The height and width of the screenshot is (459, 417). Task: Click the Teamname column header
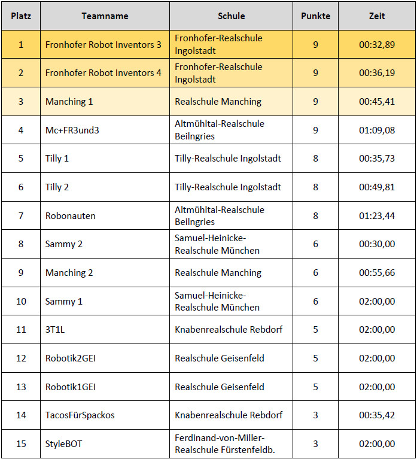pyautogui.click(x=105, y=16)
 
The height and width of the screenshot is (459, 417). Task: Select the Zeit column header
pyautogui.click(x=377, y=16)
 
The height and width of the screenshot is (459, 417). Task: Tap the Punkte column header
pyautogui.click(x=315, y=16)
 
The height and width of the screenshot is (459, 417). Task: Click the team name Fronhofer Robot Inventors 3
pyautogui.click(x=104, y=45)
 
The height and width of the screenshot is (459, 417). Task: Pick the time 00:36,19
pyautogui.click(x=377, y=73)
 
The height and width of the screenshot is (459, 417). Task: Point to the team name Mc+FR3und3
pyautogui.click(x=72, y=130)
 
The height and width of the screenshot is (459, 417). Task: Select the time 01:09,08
pyautogui.click(x=377, y=130)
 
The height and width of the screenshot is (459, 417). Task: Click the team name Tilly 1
pyautogui.click(x=57, y=159)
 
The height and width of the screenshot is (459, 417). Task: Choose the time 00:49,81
pyautogui.click(x=377, y=187)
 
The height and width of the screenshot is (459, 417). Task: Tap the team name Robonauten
pyautogui.click(x=71, y=215)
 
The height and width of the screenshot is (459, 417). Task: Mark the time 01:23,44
pyautogui.click(x=377, y=215)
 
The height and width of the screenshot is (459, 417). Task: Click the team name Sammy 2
pyautogui.click(x=64, y=244)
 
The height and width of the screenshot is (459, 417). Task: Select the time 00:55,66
pyautogui.click(x=377, y=273)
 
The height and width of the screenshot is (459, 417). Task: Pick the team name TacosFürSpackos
pyautogui.click(x=80, y=415)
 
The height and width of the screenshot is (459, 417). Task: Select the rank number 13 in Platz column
pyautogui.click(x=21, y=387)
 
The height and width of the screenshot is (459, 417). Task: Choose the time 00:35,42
pyautogui.click(x=377, y=415)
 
